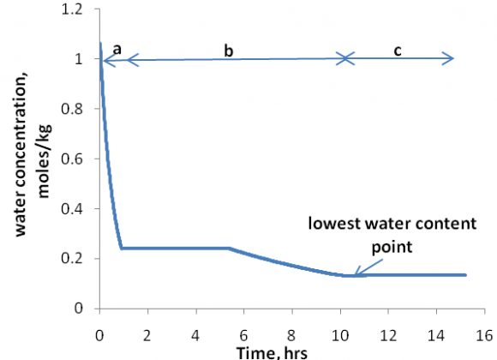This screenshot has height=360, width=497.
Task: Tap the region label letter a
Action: click(117, 51)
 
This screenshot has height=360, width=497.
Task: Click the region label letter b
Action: click(228, 51)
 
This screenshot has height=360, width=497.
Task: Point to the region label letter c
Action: click(398, 51)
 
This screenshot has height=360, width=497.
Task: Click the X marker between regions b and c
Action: click(344, 59)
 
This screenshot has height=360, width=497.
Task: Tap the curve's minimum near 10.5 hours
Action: click(350, 275)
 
